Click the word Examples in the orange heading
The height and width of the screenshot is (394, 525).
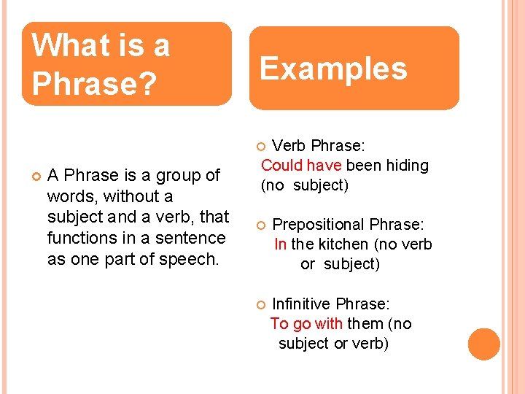(x=333, y=69)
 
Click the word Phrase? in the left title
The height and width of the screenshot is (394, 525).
(x=93, y=84)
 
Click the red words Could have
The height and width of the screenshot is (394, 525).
(x=301, y=165)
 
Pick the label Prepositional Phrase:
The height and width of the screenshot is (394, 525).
(x=348, y=224)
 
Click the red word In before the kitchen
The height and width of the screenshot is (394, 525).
(x=280, y=244)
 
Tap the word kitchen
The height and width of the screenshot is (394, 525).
(x=343, y=244)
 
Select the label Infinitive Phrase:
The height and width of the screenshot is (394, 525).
(x=330, y=304)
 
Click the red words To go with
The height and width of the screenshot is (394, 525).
(x=307, y=323)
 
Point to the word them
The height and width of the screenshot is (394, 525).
(x=367, y=323)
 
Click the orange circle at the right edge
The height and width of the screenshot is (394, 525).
(x=484, y=344)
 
